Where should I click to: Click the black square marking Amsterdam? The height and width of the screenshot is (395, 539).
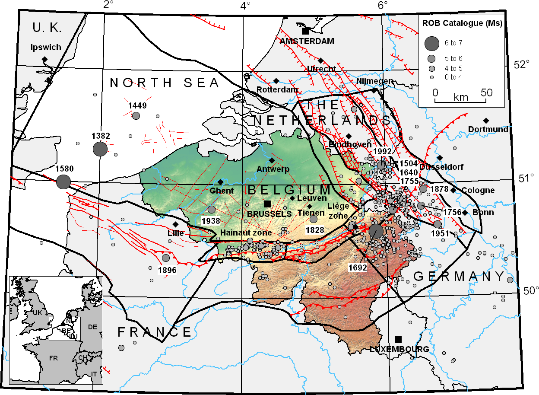coord(305,31)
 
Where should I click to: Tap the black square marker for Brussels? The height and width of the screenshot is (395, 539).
coord(267,204)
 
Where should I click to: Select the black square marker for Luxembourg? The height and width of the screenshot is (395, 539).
coord(398,339)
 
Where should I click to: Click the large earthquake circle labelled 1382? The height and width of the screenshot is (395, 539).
coord(100,149)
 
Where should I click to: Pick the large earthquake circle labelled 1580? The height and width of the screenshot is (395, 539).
coord(63,182)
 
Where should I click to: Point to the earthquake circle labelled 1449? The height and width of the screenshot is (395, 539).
coord(136,116)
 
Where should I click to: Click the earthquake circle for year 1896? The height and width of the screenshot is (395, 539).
coord(166,258)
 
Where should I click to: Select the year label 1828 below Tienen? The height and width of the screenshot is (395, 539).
coord(315,230)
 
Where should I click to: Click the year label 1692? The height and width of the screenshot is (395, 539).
coord(358,268)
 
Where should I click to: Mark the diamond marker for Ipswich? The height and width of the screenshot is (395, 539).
coord(44,59)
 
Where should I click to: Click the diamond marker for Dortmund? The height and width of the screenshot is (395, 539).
coord(486,120)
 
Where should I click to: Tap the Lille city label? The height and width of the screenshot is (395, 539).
coord(176,233)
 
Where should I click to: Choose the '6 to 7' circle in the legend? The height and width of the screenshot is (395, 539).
coord(431,42)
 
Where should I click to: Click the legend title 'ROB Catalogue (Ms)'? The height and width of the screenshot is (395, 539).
coord(461,23)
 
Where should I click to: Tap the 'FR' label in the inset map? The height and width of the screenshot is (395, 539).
coord(53,358)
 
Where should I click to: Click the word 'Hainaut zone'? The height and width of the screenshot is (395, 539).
coord(246,233)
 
